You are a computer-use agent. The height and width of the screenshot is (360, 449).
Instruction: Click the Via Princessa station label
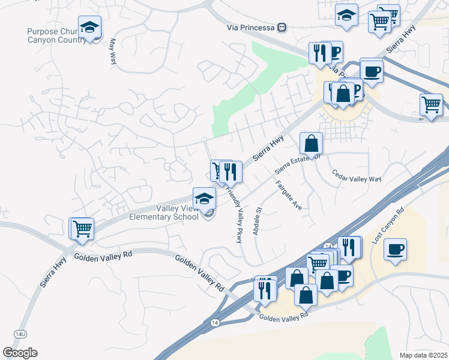coord(251,28)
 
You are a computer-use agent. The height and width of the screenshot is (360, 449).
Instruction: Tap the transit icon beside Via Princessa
coord(282,28)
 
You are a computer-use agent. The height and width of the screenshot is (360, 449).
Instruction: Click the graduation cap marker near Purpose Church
coord(89,28)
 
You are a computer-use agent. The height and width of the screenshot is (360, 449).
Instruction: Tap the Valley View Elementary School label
coord(164,212)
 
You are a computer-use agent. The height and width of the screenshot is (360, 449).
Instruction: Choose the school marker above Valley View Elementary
coord(204,198)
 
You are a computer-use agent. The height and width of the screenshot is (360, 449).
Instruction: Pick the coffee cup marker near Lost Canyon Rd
coord(395,249)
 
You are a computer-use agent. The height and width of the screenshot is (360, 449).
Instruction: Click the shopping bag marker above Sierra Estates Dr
coord(312,143)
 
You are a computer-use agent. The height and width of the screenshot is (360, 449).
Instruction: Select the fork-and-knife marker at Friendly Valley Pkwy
coord(231,172)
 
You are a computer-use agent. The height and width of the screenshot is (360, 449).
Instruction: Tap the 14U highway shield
coord(20,332)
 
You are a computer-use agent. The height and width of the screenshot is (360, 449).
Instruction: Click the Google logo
coord(20,352)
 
